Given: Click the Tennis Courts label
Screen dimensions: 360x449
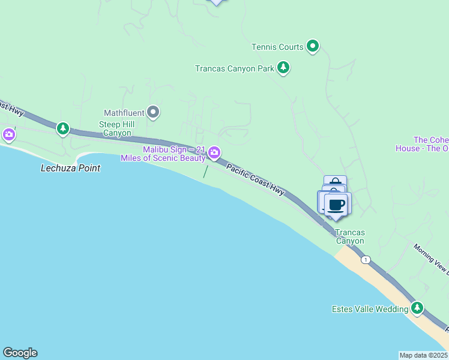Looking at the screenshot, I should tap(277, 46).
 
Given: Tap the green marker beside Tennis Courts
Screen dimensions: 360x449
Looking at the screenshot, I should tap(312, 46).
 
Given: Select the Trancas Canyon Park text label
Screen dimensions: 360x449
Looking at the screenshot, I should tap(234, 68).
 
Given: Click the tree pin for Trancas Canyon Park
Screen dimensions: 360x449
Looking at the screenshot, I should tap(283, 68).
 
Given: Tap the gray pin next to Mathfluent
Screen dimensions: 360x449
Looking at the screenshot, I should tap(153, 112).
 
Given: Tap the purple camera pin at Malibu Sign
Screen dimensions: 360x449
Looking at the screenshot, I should tap(214, 154).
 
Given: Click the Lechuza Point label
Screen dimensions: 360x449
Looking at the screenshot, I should tap(70, 168).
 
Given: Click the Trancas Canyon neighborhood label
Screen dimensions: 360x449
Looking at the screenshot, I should tap(350, 236).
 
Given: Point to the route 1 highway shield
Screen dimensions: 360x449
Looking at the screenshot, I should tap(366, 260).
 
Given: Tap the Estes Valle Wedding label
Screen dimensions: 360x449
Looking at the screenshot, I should tap(370, 310).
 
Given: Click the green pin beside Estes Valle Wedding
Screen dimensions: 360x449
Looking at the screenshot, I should tap(417, 308).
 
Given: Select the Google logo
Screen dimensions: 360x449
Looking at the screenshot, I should tap(20, 353).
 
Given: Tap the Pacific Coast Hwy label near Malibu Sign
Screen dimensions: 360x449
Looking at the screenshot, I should tap(255, 178).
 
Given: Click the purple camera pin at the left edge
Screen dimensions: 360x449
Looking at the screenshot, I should tap(8, 134).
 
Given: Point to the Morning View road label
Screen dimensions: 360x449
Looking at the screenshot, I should tap(431, 258).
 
